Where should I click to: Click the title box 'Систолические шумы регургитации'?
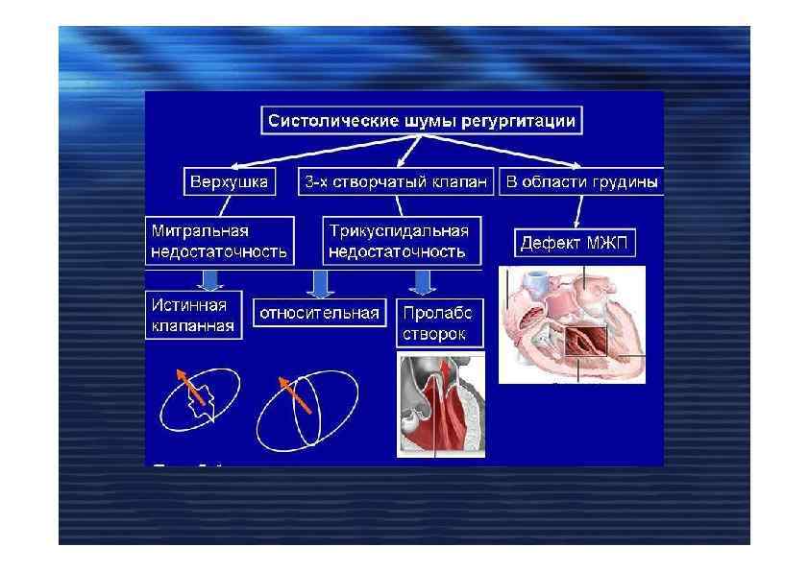(422, 121)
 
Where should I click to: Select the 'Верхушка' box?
(229, 181)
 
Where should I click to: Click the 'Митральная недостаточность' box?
(220, 241)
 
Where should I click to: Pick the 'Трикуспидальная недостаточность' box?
(399, 241)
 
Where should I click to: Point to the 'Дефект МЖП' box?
(574, 243)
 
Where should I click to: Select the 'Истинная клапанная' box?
(193, 316)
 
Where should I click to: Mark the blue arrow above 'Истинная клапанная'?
(208, 279)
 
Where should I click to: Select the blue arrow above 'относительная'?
(318, 281)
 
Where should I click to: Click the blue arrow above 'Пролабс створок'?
(420, 281)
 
